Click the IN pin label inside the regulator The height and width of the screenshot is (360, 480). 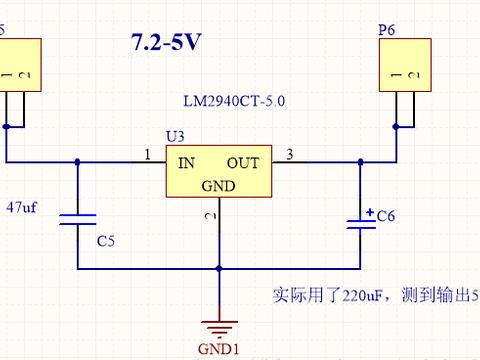click(x=187, y=163)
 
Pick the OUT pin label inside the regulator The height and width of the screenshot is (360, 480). click(x=243, y=163)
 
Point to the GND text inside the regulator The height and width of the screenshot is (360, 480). click(x=218, y=186)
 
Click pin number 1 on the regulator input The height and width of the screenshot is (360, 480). click(x=148, y=154)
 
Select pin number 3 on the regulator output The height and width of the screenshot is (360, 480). click(x=290, y=154)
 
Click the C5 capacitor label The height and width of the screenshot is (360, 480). click(x=106, y=241)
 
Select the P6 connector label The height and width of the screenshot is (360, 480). click(x=387, y=31)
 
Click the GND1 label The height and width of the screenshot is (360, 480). click(x=219, y=350)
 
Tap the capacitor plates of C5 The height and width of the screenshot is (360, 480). click(x=77, y=220)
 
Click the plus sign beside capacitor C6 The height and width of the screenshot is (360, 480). click(x=369, y=212)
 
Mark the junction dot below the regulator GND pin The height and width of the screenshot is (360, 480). click(x=219, y=268)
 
